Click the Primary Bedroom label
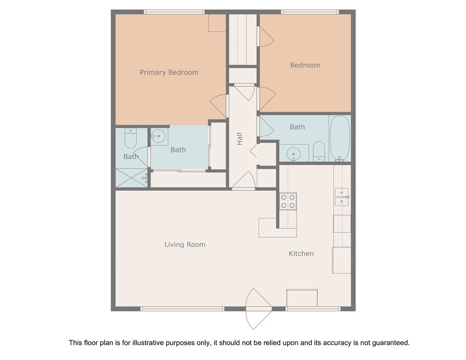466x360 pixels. tap(169, 73)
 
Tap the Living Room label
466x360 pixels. tap(185, 245)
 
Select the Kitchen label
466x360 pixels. tap(301, 254)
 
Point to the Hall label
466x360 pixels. tap(239, 139)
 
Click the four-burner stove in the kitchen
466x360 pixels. tap(288, 201)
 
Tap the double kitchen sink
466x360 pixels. tap(342, 197)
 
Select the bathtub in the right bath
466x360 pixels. tap(340, 138)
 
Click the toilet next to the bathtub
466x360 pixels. tap(319, 151)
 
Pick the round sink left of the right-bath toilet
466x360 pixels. tap(293, 154)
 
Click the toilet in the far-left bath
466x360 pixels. tap(130, 138)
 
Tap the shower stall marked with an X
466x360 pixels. tap(131, 178)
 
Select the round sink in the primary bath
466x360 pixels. tap(159, 136)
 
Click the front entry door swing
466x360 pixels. tap(258, 309)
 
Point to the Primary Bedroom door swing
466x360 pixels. tap(218, 106)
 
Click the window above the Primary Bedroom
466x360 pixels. tap(174, 12)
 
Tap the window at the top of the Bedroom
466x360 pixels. tap(310, 12)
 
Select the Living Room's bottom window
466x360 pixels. tap(182, 309)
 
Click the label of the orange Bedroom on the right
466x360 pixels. tap(305, 65)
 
